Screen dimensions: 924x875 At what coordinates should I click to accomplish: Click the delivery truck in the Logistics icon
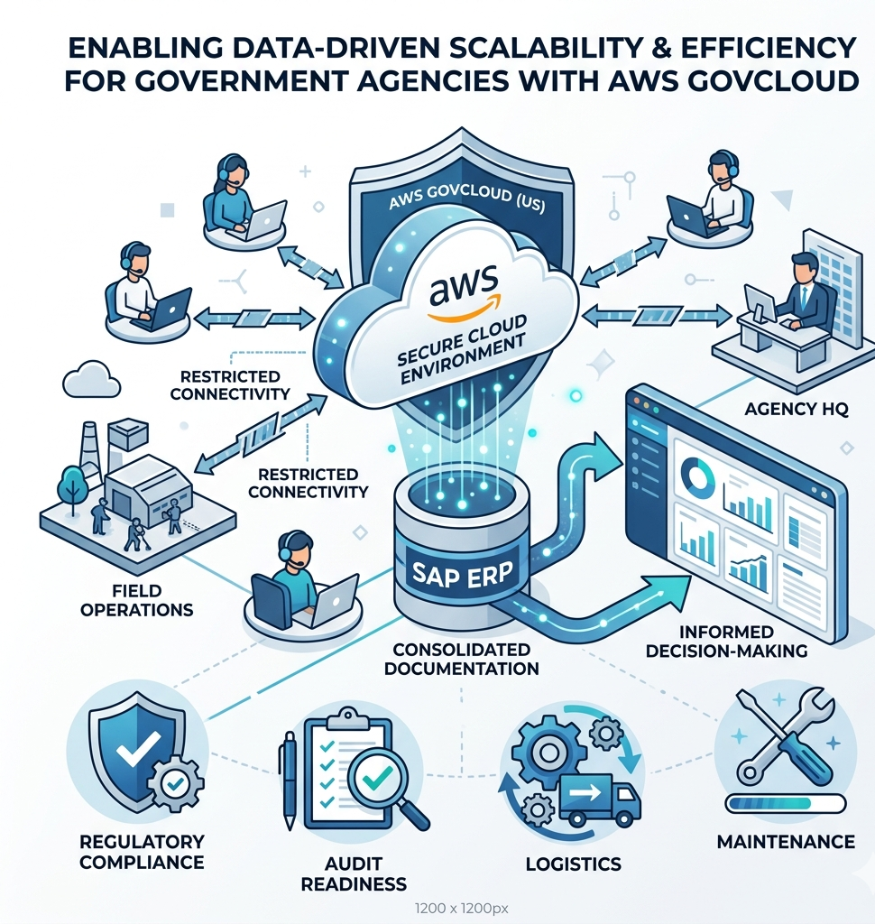(x=598, y=798)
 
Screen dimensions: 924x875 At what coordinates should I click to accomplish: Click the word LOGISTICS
(x=574, y=864)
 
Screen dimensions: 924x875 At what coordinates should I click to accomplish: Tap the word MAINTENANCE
(x=786, y=842)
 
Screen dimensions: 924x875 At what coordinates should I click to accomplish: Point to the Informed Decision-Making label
(x=728, y=641)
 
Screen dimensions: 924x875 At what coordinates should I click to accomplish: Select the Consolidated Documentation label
(x=461, y=659)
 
